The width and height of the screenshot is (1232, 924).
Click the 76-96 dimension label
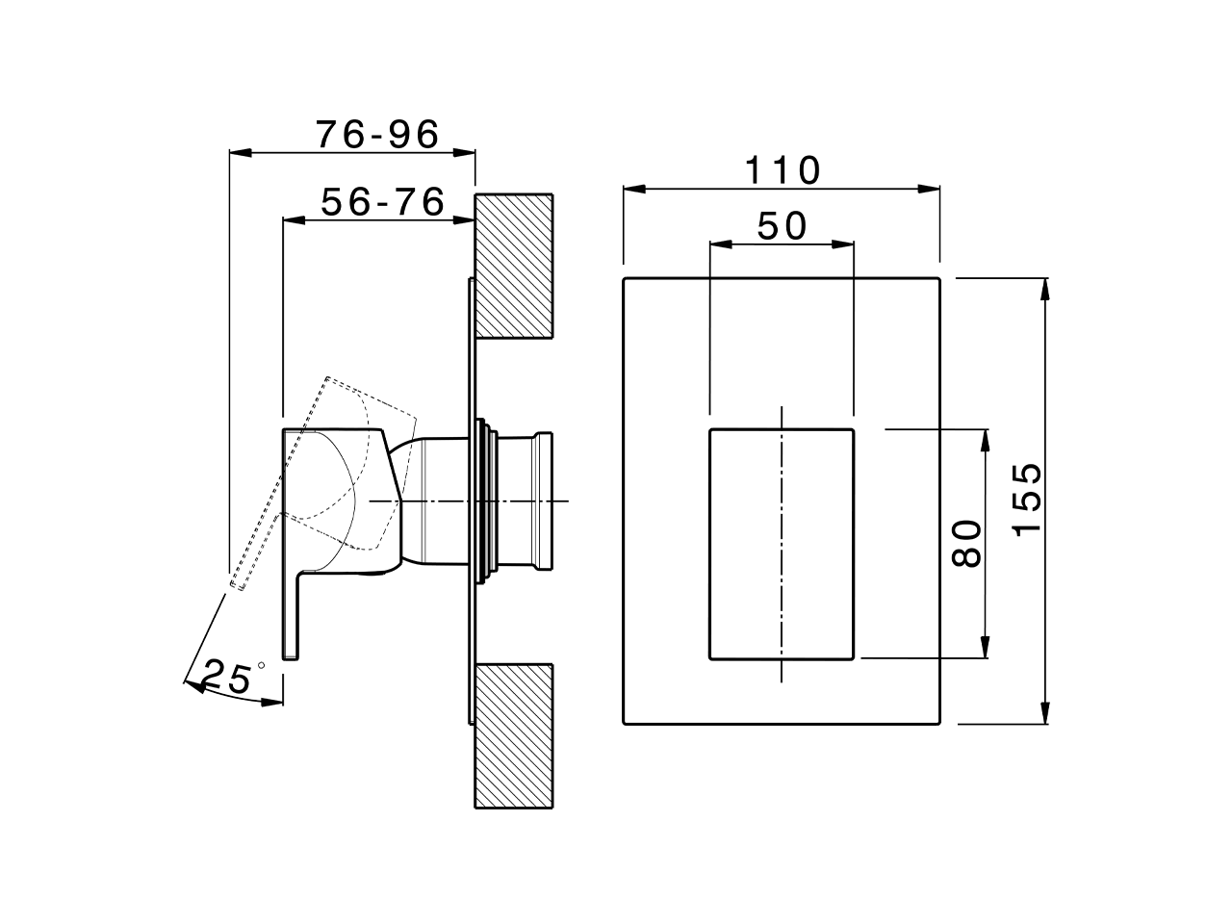[x=377, y=135]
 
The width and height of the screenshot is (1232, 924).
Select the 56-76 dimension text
[x=382, y=203]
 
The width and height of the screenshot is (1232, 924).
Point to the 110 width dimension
[x=783, y=171]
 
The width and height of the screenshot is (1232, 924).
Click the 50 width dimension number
[x=782, y=227]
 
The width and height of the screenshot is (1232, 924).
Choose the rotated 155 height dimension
[x=1027, y=499]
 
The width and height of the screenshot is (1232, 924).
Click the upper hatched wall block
[x=514, y=266]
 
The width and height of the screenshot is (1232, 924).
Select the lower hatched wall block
[x=514, y=735]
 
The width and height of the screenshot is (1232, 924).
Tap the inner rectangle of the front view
[x=782, y=544]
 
